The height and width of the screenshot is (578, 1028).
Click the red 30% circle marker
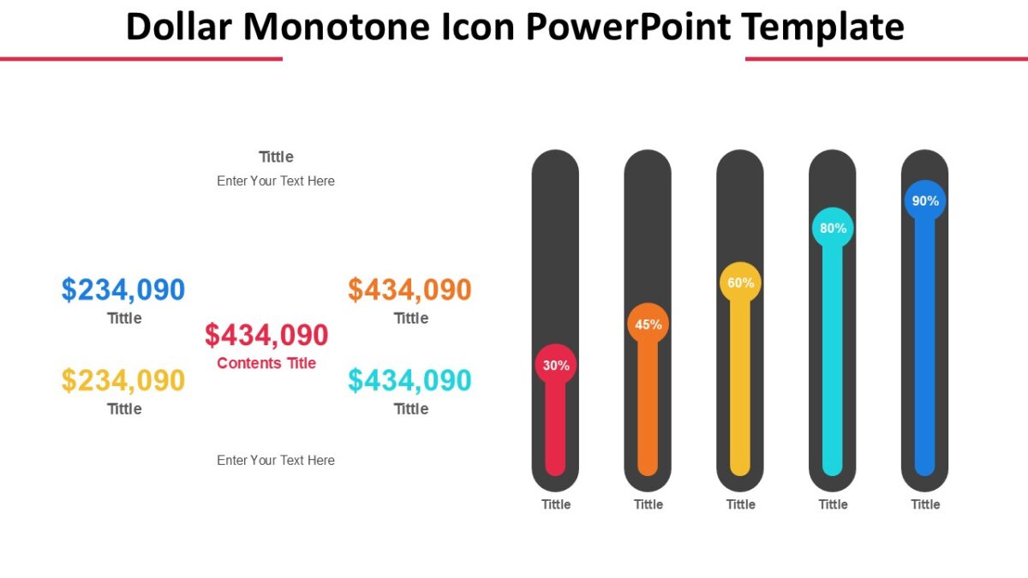555,366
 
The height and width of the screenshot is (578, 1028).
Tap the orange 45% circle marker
648,325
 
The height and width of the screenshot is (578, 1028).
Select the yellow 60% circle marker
740,283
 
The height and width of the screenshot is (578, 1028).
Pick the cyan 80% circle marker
833,229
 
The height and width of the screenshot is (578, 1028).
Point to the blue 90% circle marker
925,201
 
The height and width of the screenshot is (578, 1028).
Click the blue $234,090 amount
123,290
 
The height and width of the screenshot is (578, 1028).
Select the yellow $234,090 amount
123,380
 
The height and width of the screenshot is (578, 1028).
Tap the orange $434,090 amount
409,290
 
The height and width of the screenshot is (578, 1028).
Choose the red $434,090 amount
266,335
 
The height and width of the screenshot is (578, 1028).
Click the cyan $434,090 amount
409,380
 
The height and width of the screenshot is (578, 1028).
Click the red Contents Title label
266,363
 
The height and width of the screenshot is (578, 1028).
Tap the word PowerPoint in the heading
628,27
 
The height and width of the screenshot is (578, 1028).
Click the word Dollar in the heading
178,27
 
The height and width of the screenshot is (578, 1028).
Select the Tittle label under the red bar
555,504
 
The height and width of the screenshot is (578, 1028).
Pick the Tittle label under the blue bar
925,504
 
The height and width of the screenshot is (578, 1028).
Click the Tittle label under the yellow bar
740,504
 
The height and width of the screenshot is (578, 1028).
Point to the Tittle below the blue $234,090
124,319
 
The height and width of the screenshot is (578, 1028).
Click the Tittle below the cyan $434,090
410,409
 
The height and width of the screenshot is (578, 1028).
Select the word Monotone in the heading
338,27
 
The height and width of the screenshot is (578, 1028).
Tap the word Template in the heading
822,27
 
